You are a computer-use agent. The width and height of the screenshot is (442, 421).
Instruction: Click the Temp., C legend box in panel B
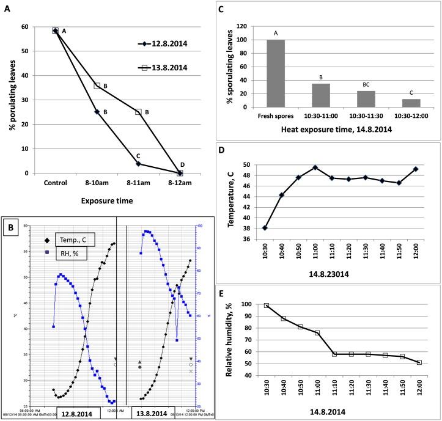tap(74, 239)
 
